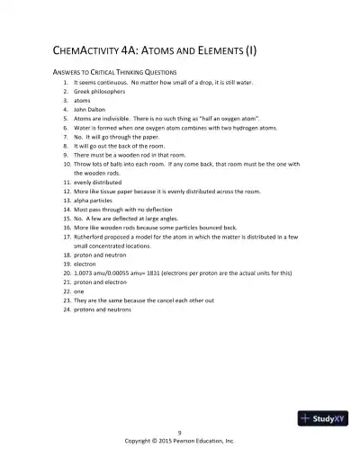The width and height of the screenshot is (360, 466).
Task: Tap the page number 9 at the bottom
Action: coord(179,433)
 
